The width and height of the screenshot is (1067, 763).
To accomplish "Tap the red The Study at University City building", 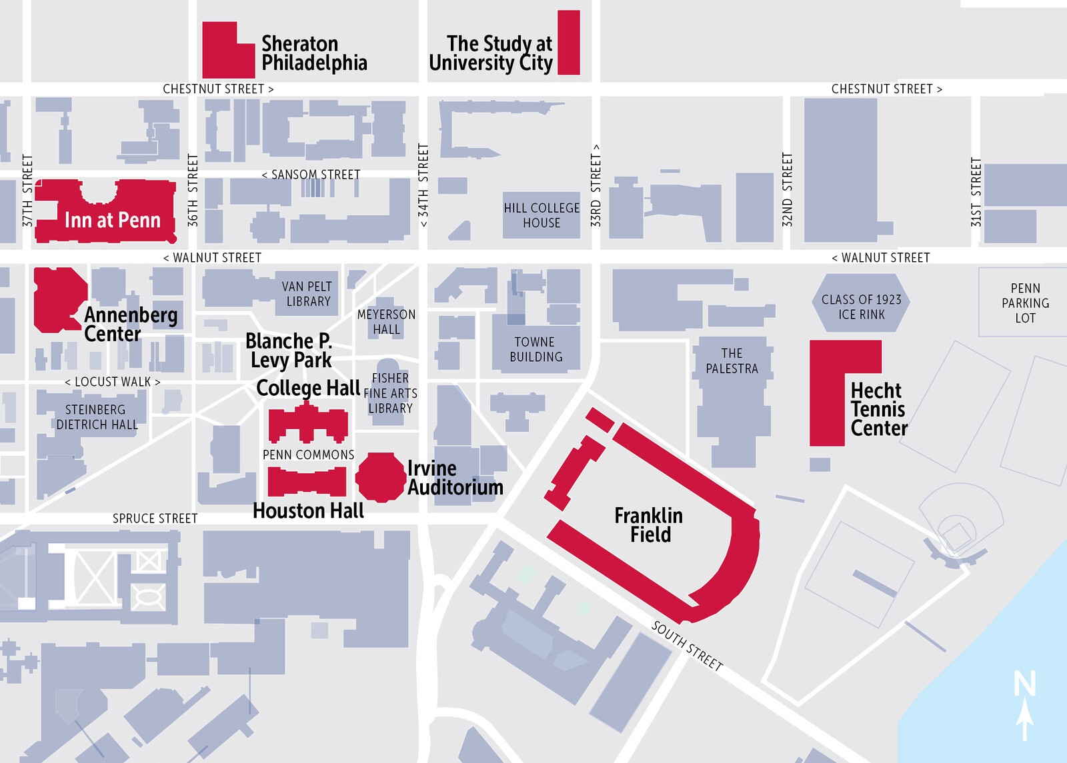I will (x=568, y=42).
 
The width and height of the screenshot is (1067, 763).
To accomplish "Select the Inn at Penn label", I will (x=112, y=220).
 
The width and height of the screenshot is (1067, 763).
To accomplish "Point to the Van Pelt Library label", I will (x=307, y=294).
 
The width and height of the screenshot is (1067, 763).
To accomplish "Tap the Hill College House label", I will (x=542, y=215).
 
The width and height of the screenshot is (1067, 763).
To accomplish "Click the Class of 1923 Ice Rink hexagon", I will (x=861, y=307).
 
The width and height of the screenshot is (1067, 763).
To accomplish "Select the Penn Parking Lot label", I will (x=1025, y=303).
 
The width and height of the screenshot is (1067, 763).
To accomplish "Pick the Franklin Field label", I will (x=649, y=525).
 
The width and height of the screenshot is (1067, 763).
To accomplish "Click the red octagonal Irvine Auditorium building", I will (x=380, y=476).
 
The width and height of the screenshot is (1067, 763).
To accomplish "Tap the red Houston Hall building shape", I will (x=307, y=481).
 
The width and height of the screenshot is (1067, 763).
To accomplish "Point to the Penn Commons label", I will (x=308, y=454).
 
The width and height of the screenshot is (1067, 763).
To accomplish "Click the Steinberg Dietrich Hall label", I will (x=97, y=417).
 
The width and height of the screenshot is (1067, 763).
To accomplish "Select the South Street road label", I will (x=687, y=646).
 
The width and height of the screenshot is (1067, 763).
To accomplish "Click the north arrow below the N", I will (x=1025, y=723).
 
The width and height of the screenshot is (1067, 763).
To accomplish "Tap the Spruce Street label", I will (x=155, y=518).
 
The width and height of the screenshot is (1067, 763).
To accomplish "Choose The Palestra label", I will (x=732, y=361).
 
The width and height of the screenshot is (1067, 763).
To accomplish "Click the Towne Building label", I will (x=536, y=349).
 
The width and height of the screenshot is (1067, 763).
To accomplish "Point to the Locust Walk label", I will (x=112, y=382).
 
